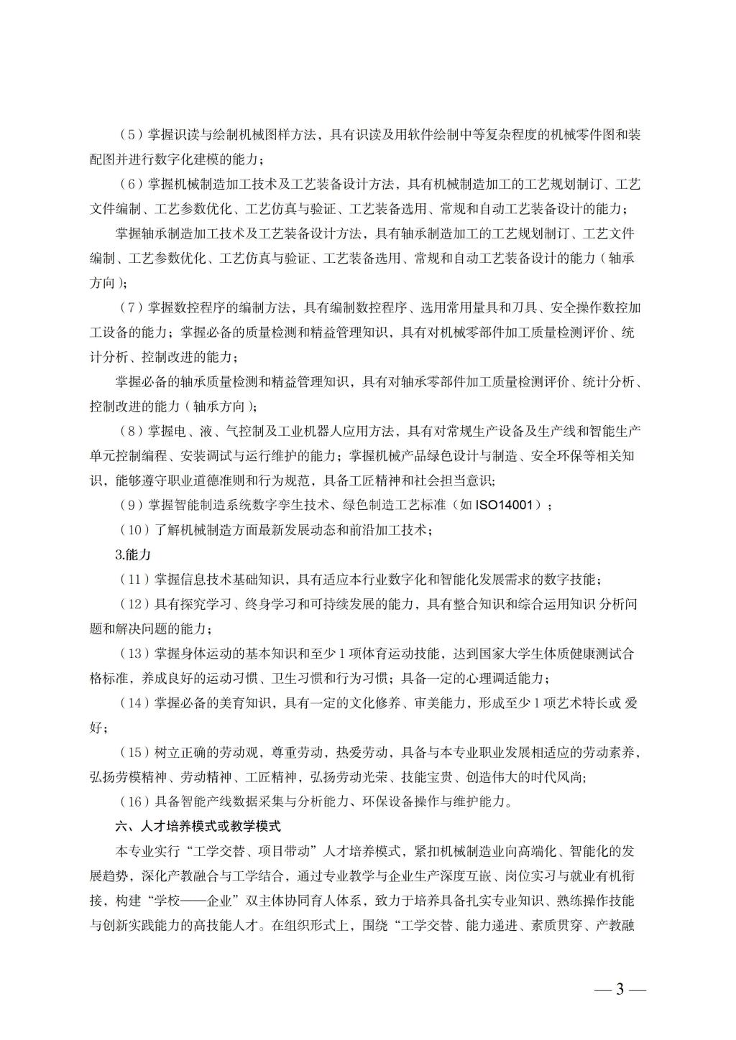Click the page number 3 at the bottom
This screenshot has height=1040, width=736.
(620, 989)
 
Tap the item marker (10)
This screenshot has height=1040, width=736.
(134, 530)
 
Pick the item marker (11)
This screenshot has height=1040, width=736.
(134, 580)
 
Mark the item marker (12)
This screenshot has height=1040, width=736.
(134, 604)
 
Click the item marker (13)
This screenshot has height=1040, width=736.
(134, 654)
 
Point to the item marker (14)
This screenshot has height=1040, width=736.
(134, 703)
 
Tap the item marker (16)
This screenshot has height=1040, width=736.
(134, 802)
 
